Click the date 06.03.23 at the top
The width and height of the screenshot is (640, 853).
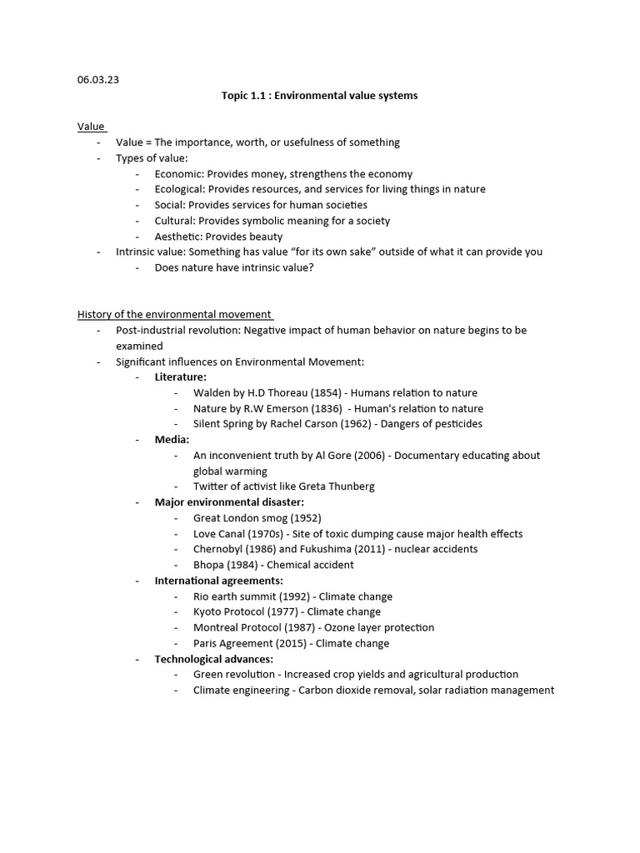point(98,80)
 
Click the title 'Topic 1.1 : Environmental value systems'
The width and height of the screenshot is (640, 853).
point(319,96)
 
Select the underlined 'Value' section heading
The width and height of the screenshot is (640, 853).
point(91,127)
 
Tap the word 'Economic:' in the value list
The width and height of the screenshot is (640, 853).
point(179,174)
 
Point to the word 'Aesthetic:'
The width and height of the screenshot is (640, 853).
point(178,237)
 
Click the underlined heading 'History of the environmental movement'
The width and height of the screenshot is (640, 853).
point(175,314)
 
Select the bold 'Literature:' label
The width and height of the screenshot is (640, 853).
point(181,377)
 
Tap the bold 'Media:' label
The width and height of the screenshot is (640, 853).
point(172,440)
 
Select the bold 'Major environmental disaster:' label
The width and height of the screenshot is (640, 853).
point(229,502)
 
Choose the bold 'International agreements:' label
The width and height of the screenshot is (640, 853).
point(219,581)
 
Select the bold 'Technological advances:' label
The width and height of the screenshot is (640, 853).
point(214,659)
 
